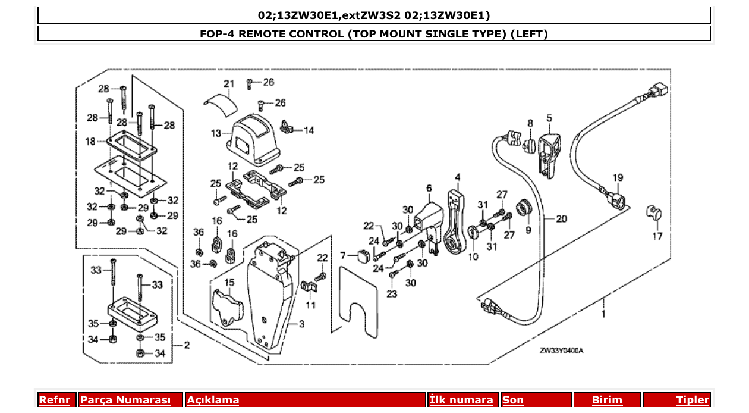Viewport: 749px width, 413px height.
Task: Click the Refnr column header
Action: (54, 400)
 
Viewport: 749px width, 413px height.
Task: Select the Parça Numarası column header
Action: (125, 400)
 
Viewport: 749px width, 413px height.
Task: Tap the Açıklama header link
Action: (213, 400)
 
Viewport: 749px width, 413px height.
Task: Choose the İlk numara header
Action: (461, 400)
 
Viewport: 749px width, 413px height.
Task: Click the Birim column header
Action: (607, 400)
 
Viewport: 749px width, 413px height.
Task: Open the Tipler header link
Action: (693, 400)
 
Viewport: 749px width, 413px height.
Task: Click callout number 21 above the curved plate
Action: (229, 83)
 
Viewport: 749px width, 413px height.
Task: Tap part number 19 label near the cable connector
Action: (618, 177)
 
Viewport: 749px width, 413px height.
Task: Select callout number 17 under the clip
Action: (656, 236)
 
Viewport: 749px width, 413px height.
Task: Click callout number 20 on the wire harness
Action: (562, 219)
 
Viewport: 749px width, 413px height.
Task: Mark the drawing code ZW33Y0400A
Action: (562, 351)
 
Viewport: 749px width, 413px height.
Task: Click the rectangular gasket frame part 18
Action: (131, 145)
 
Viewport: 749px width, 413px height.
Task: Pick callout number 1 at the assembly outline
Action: (604, 313)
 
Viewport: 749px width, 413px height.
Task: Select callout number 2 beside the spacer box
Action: (186, 345)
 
